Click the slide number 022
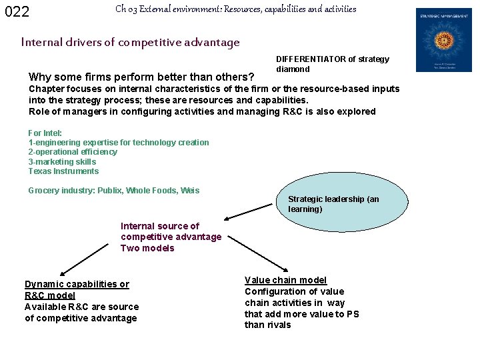[x=17, y=11]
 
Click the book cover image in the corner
[x=443, y=40]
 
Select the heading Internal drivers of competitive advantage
[x=130, y=43]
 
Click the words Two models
[x=147, y=248]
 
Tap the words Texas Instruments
[x=63, y=171]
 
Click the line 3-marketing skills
[x=62, y=162]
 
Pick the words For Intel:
[x=45, y=133]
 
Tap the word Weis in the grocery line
[x=190, y=191]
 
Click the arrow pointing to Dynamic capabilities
[x=87, y=264]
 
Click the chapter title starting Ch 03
[x=235, y=9]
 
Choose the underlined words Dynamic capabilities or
[x=77, y=284]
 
